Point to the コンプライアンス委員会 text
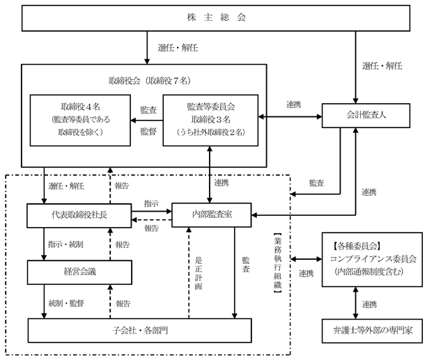click(x=373, y=259)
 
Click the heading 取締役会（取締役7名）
click(x=149, y=81)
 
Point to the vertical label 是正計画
click(x=199, y=273)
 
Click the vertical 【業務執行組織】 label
click(x=277, y=263)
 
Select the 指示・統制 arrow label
click(x=65, y=244)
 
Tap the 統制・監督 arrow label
click(x=66, y=303)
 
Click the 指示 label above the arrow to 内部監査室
click(x=151, y=203)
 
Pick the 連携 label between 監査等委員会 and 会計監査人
click(x=293, y=104)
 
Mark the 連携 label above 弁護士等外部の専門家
click(x=370, y=304)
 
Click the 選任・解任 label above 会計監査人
click(x=382, y=65)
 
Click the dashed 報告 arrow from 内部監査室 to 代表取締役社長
click(x=152, y=220)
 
